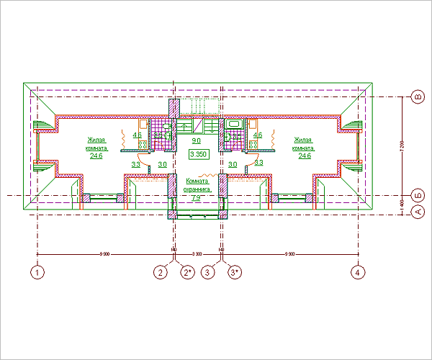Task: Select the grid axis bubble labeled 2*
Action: pyautogui.click(x=189, y=272)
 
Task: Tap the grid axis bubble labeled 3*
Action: pyautogui.click(x=235, y=272)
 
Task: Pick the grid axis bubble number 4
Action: pyautogui.click(x=356, y=272)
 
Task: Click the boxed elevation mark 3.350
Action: pyautogui.click(x=198, y=154)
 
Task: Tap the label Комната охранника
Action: pyautogui.click(x=197, y=186)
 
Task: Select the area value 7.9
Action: pyautogui.click(x=196, y=198)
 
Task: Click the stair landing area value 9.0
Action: pyautogui.click(x=196, y=141)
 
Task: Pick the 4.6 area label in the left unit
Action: pyautogui.click(x=137, y=135)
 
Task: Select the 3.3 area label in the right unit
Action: pyautogui.click(x=259, y=163)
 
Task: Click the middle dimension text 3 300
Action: pyautogui.click(x=197, y=255)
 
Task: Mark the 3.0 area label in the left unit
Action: pyautogui.click(x=162, y=165)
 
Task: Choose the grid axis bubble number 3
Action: pyautogui.click(x=208, y=272)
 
